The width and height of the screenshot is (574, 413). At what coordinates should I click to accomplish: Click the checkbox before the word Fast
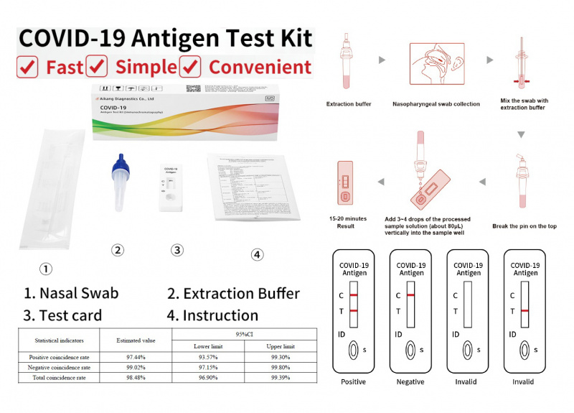point(27,67)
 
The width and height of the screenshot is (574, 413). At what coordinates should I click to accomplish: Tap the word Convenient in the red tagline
point(260,67)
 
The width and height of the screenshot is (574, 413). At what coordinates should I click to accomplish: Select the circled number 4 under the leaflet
point(258,254)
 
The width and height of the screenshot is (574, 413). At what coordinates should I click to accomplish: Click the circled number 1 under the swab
point(45,269)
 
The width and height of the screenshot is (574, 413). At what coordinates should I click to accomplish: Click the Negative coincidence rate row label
point(60,367)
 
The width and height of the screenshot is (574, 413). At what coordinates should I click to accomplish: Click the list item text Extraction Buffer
point(242,293)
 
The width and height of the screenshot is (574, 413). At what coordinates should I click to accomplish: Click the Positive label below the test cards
point(354,381)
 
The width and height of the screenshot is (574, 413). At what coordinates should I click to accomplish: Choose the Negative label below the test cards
point(411,381)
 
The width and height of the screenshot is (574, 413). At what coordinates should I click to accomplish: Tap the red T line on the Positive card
point(354,310)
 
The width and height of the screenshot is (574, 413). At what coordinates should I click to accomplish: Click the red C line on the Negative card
point(411,295)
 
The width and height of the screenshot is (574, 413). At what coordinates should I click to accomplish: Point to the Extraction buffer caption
point(349,105)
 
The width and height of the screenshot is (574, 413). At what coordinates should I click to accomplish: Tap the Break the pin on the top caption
point(524,226)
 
